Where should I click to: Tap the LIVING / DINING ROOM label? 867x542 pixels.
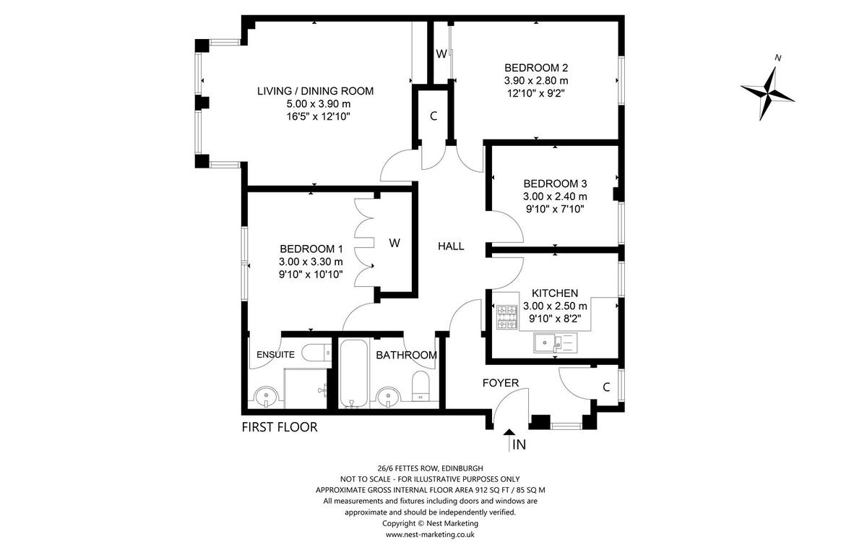tap(315, 91)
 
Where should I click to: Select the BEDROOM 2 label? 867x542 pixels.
tap(536, 69)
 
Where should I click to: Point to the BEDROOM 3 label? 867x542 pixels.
tap(555, 184)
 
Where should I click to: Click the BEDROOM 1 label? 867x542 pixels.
tap(311, 249)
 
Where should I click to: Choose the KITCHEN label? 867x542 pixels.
tap(555, 293)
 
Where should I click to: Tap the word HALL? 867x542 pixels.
tap(451, 246)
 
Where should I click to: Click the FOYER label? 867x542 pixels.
tap(501, 382)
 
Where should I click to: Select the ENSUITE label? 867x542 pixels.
tap(275, 355)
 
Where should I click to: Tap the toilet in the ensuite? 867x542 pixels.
tap(314, 353)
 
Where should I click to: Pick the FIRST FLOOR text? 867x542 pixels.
tap(279, 427)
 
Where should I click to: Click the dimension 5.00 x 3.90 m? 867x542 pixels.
tap(315, 104)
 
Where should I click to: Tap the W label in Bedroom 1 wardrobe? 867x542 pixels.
tap(394, 243)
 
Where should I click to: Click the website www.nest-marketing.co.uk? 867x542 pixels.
tap(429, 534)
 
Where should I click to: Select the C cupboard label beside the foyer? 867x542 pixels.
tap(605, 387)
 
